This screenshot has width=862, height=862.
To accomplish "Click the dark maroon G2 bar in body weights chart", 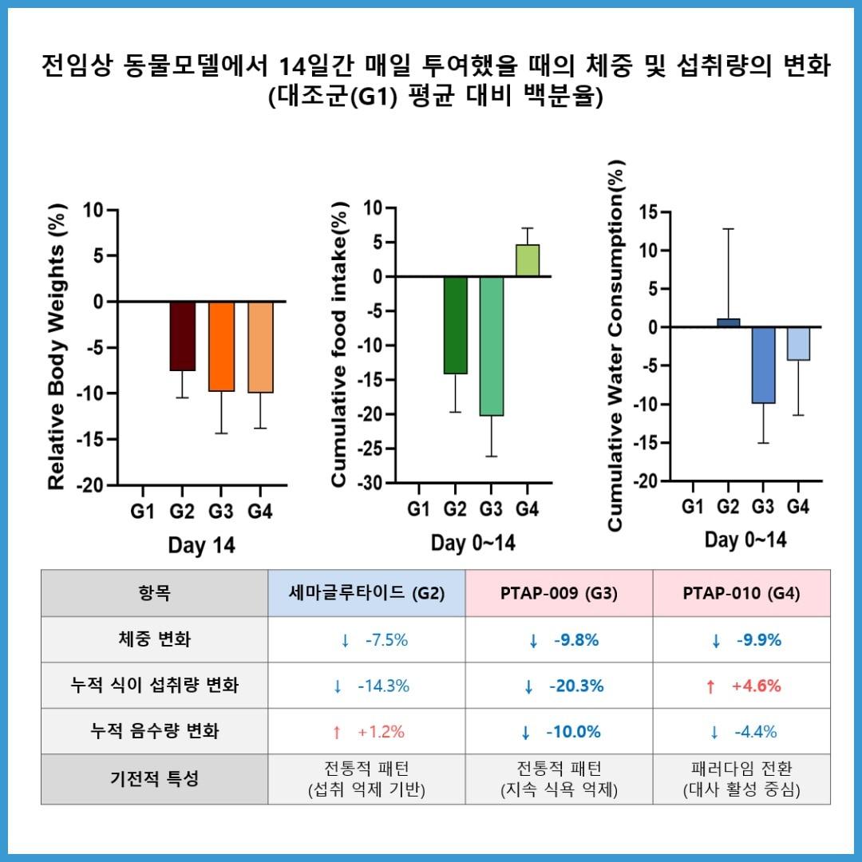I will point(182,336).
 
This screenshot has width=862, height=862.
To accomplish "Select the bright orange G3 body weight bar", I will point(221,346).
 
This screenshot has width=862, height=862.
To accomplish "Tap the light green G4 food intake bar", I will point(527,261).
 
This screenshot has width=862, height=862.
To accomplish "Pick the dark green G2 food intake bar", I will point(455,325).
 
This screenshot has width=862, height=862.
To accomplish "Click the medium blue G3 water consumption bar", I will point(763,365).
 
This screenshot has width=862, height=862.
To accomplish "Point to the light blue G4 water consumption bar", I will point(798,344).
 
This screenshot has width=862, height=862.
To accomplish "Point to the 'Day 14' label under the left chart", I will point(201,546).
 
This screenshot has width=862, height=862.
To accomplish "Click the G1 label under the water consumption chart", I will point(693,506).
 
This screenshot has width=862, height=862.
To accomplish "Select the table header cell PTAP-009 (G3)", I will point(559,593).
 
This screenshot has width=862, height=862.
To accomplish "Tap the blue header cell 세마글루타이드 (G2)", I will point(366,593).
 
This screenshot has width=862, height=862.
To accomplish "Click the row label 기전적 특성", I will point(154,779).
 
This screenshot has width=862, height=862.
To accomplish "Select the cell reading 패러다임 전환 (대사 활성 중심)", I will point(741,779).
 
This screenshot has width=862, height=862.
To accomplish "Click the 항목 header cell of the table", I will point(154,593).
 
